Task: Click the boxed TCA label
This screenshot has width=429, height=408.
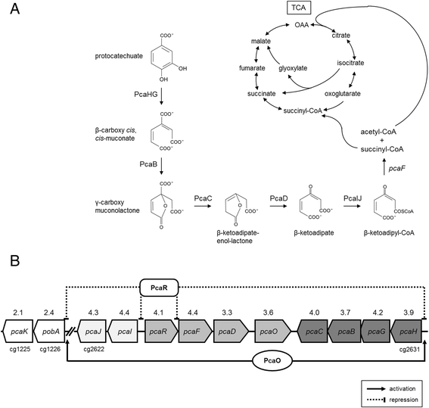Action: [x=299, y=8]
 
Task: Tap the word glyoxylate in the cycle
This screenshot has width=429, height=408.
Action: [x=293, y=68]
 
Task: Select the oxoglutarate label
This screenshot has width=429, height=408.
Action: [x=343, y=94]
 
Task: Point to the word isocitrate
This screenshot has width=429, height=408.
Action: [x=350, y=63]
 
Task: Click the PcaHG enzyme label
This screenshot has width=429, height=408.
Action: [x=146, y=95]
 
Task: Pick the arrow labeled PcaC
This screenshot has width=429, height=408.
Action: [x=203, y=205]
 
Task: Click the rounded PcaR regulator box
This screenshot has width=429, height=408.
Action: [x=159, y=288]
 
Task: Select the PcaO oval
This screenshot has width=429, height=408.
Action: [x=272, y=360]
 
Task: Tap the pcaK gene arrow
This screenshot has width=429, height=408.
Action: [x=18, y=332]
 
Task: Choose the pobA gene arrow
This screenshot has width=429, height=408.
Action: [x=49, y=332]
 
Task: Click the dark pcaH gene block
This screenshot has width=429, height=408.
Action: [x=406, y=332]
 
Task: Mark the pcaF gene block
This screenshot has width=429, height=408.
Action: [x=195, y=332]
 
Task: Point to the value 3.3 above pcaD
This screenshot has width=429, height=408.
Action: [x=227, y=313]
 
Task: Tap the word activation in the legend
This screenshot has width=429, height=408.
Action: [x=403, y=389]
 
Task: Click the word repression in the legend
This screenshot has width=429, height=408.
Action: [x=403, y=400]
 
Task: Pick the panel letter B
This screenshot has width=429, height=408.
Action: [x=15, y=260]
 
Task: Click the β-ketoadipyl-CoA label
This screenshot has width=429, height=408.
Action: [x=389, y=233]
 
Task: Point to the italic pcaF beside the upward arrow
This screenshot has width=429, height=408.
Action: [x=397, y=169]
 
